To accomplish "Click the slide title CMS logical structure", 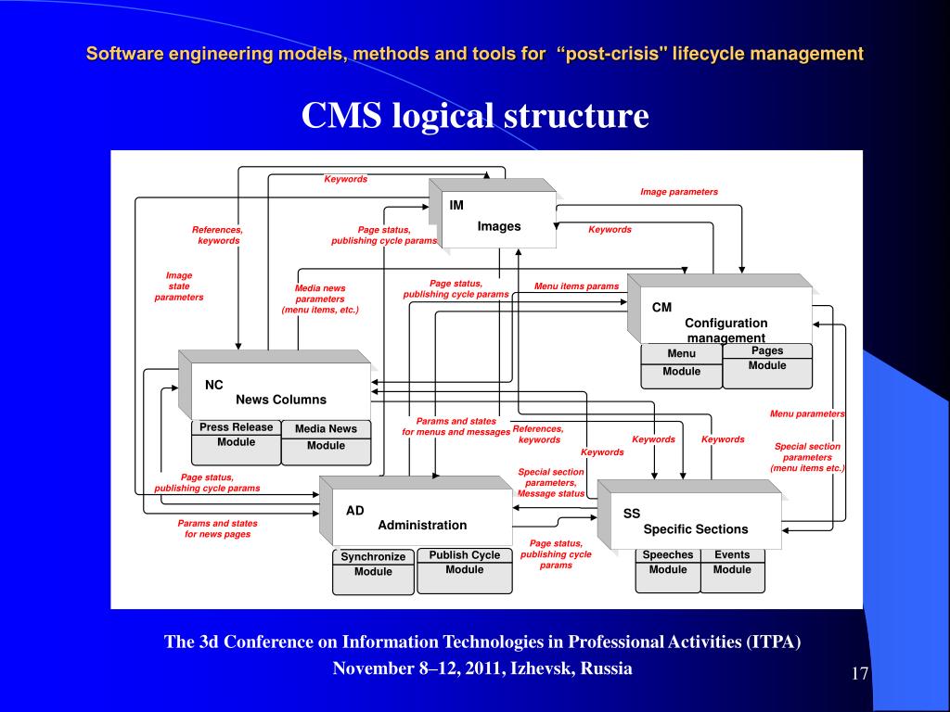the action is point(475,115).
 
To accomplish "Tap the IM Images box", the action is point(493,213).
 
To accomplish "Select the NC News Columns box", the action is point(275,385).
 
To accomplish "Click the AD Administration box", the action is point(416,511).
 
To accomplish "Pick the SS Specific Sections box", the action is point(689,515).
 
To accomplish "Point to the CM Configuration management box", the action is point(720,309).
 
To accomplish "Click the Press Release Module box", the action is point(237,442).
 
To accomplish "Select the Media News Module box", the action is point(326,442).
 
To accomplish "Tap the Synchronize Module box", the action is point(373,571).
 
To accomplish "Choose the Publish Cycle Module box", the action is point(465,570).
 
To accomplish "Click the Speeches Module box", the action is point(668,570).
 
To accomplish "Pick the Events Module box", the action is point(733,570).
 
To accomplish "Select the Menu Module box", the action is point(682,366).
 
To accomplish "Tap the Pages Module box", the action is point(767,365).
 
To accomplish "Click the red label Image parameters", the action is point(679,192).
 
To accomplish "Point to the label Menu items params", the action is point(577,286).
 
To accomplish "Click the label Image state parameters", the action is point(179,286).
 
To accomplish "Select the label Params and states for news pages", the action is point(217,528).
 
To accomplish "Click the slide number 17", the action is point(860,674).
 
